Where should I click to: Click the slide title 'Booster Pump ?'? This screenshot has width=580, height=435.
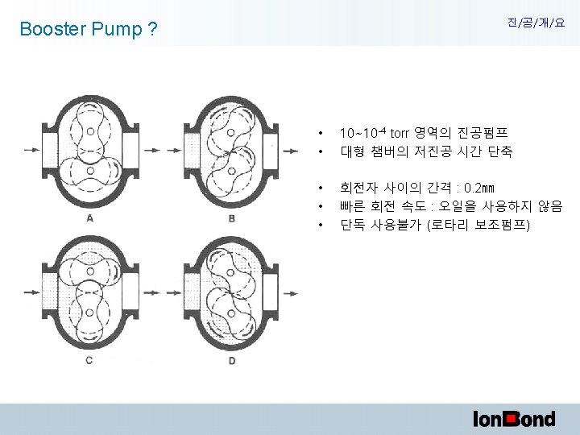click(x=89, y=30)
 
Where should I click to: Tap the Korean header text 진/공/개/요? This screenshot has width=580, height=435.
click(x=536, y=24)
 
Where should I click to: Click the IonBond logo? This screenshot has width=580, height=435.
click(x=513, y=418)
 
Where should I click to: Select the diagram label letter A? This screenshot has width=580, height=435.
click(x=89, y=217)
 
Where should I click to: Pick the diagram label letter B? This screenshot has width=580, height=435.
click(x=231, y=217)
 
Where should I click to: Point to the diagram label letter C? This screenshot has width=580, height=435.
click(x=89, y=359)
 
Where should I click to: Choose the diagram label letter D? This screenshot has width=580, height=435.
click(x=231, y=359)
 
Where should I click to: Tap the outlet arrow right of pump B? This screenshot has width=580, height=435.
click(x=291, y=150)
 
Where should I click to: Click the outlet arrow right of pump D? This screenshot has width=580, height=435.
click(x=291, y=288)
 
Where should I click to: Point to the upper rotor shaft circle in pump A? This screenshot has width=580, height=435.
click(x=89, y=129)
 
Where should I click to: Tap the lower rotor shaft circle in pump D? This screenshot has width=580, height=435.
click(x=231, y=313)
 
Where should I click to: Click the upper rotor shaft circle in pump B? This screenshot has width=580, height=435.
click(x=231, y=129)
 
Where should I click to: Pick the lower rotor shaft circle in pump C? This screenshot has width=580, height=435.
click(x=89, y=313)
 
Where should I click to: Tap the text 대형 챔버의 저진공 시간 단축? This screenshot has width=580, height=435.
click(x=426, y=151)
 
